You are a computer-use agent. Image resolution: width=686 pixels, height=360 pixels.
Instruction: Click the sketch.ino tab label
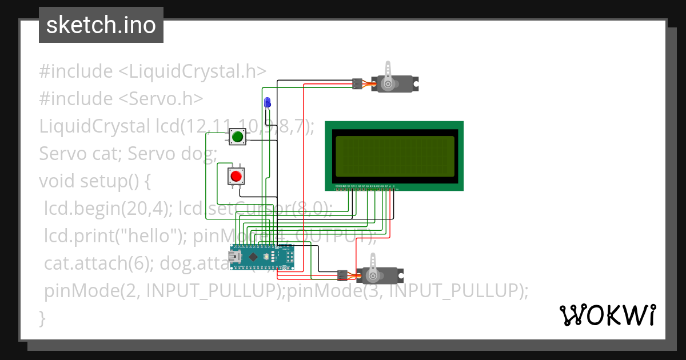pyautogui.click(x=101, y=25)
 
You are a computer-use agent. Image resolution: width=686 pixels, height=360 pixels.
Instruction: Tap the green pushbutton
pyautogui.click(x=238, y=137)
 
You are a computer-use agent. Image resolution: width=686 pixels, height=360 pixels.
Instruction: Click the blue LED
pyautogui.click(x=267, y=103)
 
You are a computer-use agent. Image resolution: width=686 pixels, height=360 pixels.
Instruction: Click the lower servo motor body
pyautogui.click(x=380, y=276)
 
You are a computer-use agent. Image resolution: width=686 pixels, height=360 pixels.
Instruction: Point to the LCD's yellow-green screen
pyautogui.click(x=394, y=156)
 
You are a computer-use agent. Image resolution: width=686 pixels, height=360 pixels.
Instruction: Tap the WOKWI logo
pyautogui.click(x=607, y=315)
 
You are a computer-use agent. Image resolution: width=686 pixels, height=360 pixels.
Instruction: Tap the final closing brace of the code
pyautogui.click(x=42, y=318)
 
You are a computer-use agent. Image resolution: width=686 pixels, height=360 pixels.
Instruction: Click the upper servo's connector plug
pyautogui.click(x=357, y=84)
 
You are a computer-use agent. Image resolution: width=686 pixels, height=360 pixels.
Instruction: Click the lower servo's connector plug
pyautogui.click(x=343, y=275)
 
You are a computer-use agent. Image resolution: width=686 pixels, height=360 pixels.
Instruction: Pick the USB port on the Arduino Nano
pyautogui.click(x=235, y=257)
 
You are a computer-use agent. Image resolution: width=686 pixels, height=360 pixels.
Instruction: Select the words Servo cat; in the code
pyautogui.click(x=80, y=154)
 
